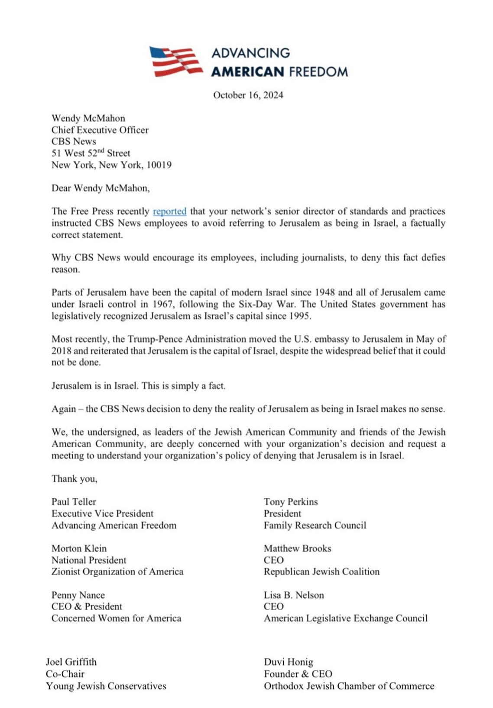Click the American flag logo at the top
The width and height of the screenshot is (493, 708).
coord(175,62)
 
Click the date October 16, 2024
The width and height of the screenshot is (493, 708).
coord(248,95)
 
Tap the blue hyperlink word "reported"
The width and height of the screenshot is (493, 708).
coord(169,211)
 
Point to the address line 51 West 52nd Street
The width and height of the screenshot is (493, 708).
coord(91,153)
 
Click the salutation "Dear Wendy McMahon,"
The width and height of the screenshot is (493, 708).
coord(100,188)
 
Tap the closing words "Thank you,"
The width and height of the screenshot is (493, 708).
coord(74,479)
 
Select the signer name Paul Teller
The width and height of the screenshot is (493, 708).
coord(74,502)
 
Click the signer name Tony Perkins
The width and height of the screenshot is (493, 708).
coord(291,502)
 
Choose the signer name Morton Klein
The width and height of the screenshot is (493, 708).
coord(79,549)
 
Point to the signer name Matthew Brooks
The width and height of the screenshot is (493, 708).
coord(297,549)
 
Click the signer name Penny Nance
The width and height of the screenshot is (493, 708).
coord(78,595)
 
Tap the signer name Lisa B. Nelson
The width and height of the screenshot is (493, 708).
coord(294,595)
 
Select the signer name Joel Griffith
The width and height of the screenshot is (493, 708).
coord(71,662)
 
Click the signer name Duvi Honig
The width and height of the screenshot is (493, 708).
coord(288,662)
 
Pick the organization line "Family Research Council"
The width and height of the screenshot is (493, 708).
coord(315,526)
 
